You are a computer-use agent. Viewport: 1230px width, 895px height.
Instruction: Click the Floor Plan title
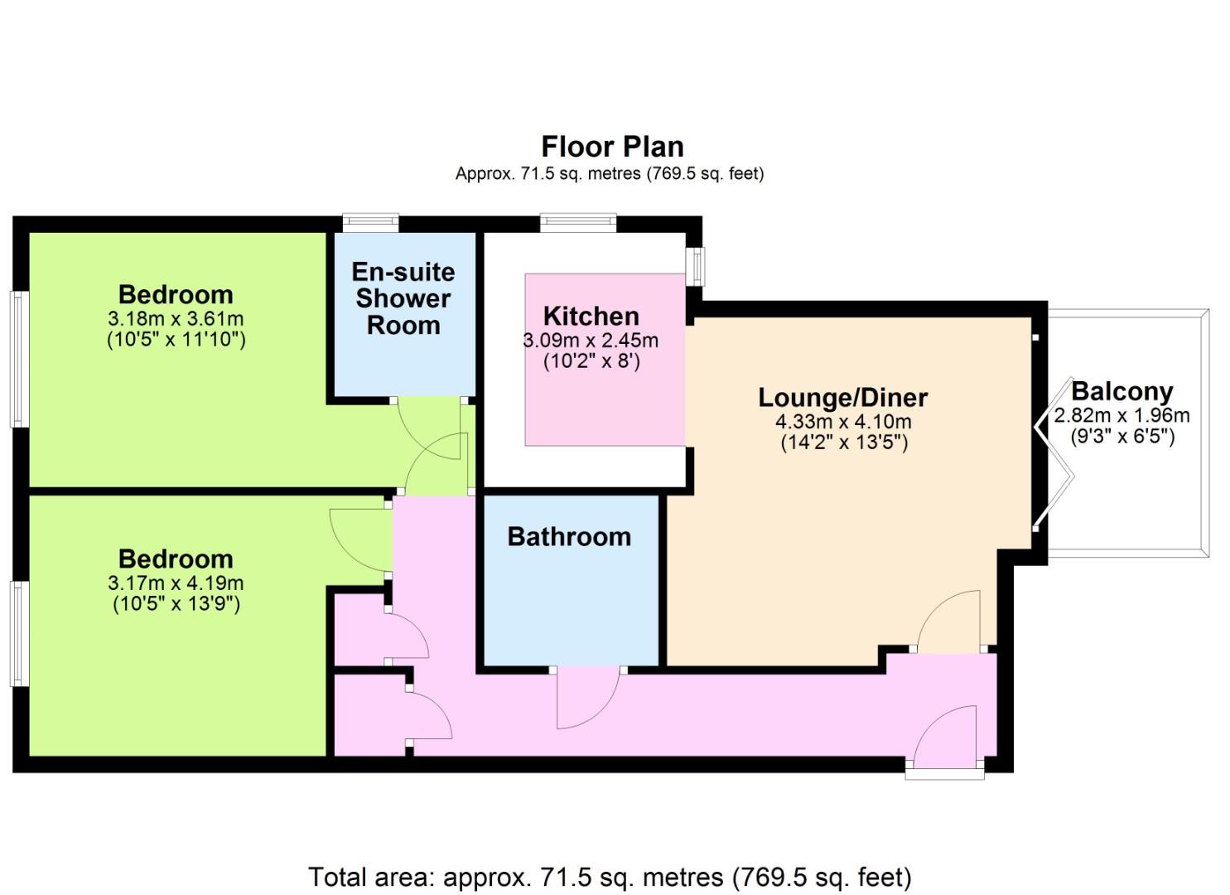(612, 147)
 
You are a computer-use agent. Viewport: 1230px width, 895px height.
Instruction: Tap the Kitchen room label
(591, 316)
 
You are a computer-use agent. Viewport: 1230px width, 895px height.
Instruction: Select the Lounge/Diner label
(843, 398)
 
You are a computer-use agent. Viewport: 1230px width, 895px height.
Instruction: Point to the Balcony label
(1122, 392)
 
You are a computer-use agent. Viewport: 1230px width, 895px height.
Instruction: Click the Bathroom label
(569, 537)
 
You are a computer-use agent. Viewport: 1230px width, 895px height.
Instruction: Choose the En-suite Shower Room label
(403, 299)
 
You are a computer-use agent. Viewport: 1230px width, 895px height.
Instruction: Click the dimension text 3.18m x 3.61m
(176, 319)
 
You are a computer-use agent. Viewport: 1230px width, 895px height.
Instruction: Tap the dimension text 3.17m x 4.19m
(176, 583)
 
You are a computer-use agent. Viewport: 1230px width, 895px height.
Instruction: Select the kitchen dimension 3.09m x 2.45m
(591, 341)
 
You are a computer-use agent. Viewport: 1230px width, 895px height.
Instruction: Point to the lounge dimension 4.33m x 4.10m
(843, 422)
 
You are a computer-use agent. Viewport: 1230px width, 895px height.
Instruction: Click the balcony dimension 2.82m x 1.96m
(1121, 415)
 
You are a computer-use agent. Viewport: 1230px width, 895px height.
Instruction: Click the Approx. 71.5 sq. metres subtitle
(610, 174)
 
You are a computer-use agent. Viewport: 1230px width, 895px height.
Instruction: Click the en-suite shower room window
(370, 222)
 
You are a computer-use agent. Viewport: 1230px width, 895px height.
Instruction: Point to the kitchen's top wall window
(578, 222)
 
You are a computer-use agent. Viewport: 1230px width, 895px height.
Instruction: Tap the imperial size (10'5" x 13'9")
(176, 604)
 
